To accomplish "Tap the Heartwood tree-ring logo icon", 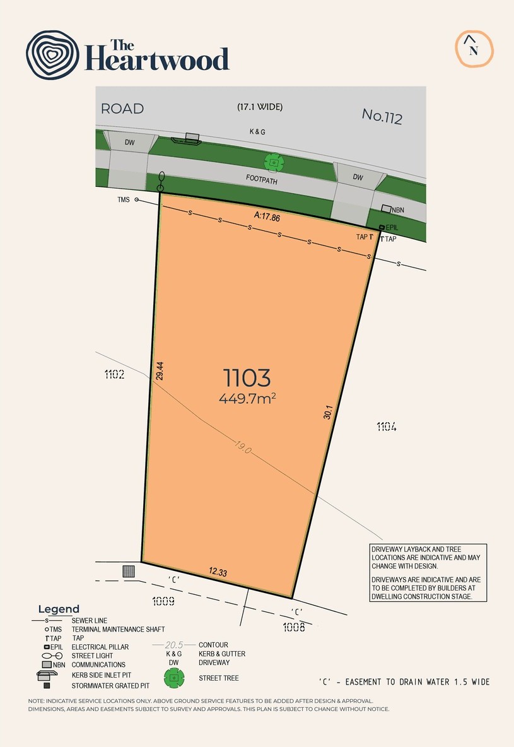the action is click(x=52, y=55).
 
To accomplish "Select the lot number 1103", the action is click(x=247, y=378).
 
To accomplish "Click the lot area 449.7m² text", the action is click(x=247, y=398).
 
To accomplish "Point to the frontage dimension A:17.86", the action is click(x=267, y=216).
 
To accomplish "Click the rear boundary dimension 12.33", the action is click(x=218, y=572).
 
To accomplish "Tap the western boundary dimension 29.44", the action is click(x=160, y=370).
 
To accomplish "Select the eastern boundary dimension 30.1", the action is click(x=327, y=412).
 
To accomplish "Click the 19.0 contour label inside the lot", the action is click(x=242, y=447).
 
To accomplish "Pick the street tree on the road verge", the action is click(x=274, y=162).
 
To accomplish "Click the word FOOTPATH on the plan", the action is click(x=262, y=180).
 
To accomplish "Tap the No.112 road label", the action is click(x=382, y=116).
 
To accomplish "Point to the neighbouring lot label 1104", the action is click(x=387, y=426).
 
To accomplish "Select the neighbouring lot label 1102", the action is click(x=114, y=375).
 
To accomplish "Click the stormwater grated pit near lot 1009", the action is click(x=129, y=571).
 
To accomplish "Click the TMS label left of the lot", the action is click(x=124, y=199).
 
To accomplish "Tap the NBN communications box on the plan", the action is click(x=387, y=209).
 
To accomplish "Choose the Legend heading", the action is click(x=59, y=609).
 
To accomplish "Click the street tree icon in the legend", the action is click(x=174, y=678).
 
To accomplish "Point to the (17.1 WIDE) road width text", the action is click(x=260, y=107).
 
